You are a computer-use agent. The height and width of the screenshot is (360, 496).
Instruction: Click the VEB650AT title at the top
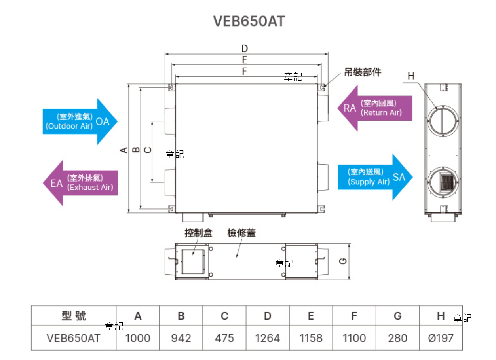pos(249,21)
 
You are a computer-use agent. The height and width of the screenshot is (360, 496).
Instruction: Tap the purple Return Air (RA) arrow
pos(374,108)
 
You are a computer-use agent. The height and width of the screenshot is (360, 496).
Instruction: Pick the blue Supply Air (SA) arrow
pos(374,177)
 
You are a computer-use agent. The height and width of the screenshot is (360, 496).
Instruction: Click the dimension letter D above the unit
pos(245,49)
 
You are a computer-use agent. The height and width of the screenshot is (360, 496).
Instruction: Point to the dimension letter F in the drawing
pos(245,72)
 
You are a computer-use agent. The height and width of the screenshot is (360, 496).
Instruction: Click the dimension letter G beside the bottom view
pos(344,261)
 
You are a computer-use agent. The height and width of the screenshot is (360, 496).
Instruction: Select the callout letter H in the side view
pos(411,76)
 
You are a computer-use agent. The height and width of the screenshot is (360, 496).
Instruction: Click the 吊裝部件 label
pos(362,72)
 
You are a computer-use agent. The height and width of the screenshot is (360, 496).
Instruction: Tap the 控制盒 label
pos(199,233)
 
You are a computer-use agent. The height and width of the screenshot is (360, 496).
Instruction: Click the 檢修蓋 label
pos(241,233)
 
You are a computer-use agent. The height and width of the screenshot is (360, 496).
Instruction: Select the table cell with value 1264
pos(268,338)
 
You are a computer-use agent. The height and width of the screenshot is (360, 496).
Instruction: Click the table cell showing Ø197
pos(441,338)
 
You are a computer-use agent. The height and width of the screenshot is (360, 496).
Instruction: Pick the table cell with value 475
pos(224,338)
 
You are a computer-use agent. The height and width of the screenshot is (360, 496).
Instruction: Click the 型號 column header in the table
pos(74,316)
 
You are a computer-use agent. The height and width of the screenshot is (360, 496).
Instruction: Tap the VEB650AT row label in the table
pos(74,338)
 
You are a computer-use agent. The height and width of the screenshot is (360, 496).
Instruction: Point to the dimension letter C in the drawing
pos(147,150)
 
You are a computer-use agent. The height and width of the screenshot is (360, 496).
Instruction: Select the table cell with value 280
pos(397,338)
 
